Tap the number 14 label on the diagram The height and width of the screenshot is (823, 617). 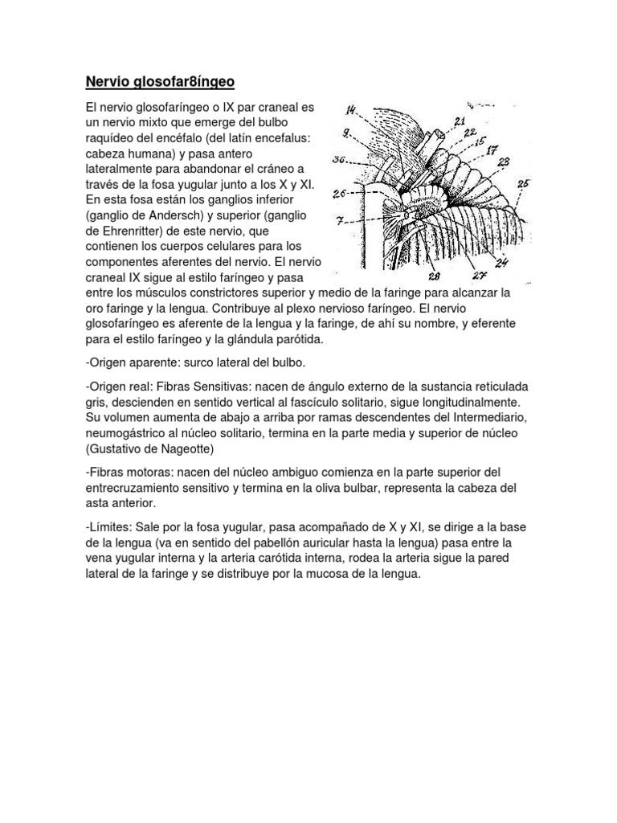click(x=353, y=112)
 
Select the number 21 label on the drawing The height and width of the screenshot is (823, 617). click(x=459, y=121)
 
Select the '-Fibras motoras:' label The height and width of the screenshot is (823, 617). click(x=129, y=472)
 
